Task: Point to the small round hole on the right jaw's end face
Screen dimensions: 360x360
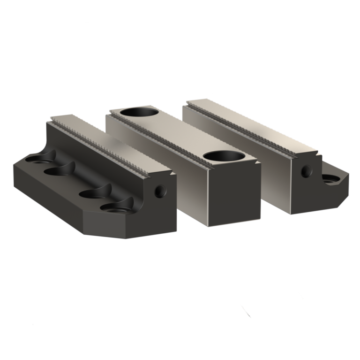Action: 307,170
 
